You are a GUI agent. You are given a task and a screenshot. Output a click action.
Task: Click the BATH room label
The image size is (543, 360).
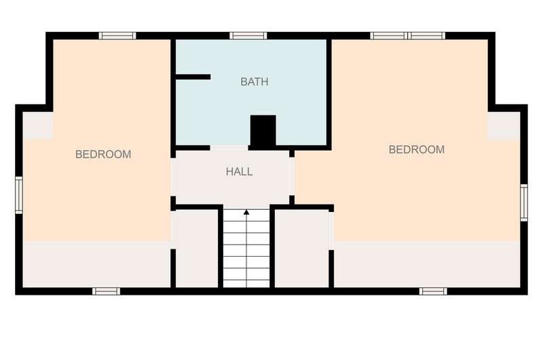pyautogui.click(x=254, y=82)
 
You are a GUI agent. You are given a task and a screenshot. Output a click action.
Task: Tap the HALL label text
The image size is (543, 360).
pyautogui.click(x=240, y=172)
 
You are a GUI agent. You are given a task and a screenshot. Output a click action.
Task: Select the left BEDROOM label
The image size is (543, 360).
pyautogui.click(x=103, y=154)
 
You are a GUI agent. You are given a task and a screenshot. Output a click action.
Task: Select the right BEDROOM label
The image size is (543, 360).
pyautogui.click(x=417, y=149)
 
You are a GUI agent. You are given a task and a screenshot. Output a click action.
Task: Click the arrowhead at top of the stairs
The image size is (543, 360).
pyautogui.click(x=246, y=212)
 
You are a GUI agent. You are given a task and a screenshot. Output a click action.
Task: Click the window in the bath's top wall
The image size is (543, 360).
pyautogui.click(x=248, y=36)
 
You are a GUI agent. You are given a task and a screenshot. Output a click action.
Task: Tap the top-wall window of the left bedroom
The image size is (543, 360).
pyautogui.click(x=117, y=36)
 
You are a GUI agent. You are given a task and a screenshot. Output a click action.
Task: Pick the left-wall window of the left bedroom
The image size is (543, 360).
pyautogui.click(x=19, y=195)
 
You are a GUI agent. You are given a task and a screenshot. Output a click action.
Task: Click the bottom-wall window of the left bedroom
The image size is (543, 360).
pyautogui.click(x=107, y=291)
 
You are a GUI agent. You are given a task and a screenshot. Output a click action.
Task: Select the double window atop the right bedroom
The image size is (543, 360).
pyautogui.click(x=408, y=36)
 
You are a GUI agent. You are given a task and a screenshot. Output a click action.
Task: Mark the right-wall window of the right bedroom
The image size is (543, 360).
pyautogui.click(x=524, y=202)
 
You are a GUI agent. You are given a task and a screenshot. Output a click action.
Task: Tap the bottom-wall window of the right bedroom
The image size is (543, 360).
pyautogui.click(x=433, y=291)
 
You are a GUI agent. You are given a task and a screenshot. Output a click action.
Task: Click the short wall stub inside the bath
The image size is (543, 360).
pyautogui.click(x=193, y=77)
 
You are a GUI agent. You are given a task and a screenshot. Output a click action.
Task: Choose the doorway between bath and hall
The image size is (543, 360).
pyautogui.click(x=229, y=148)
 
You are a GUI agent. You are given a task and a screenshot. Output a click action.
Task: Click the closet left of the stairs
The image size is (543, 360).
pyautogui.click(x=197, y=249)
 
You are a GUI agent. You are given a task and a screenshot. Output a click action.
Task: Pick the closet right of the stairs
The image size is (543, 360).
pyautogui.click(x=301, y=249)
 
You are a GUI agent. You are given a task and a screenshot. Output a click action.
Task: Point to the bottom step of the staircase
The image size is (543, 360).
pyautogui.click(x=246, y=283)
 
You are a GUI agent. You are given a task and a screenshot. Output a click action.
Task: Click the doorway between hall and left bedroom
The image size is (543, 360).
pyautogui.click(x=173, y=177)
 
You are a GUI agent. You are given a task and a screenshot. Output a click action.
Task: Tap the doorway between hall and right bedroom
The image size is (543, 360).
pyautogui.click(x=292, y=176)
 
